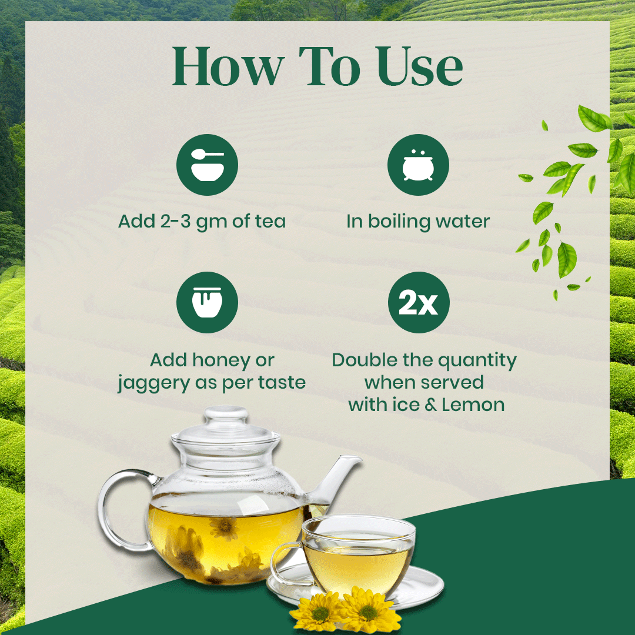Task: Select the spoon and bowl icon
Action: pyautogui.click(x=207, y=165)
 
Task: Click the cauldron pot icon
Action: pyautogui.click(x=418, y=165)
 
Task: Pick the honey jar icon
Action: pyautogui.click(x=207, y=302)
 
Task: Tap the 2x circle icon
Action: pyautogui.click(x=419, y=302)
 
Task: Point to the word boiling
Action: pyautogui.click(x=399, y=222)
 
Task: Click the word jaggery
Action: pyautogui.click(x=154, y=383)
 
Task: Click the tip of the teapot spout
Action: pyautogui.click(x=356, y=458)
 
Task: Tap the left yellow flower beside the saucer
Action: pyautogui.click(x=319, y=612)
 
